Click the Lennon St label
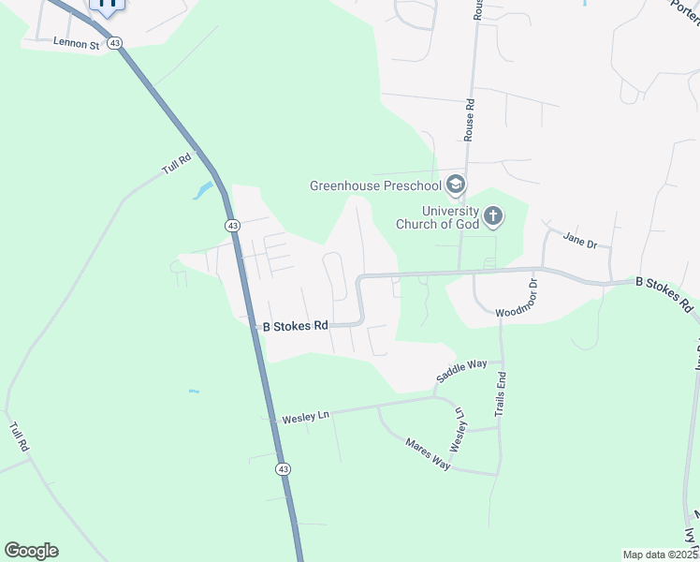click(x=77, y=43)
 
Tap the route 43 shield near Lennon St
click(x=114, y=43)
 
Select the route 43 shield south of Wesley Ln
click(x=283, y=468)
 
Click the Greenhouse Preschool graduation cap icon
click(x=456, y=185)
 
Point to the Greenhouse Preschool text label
click(x=375, y=185)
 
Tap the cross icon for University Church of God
click(x=493, y=217)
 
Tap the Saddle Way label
click(x=461, y=371)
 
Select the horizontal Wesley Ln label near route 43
click(x=299, y=416)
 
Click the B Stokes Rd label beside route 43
click(x=295, y=326)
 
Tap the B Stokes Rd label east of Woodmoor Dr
click(x=664, y=293)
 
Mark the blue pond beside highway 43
click(x=201, y=191)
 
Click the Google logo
click(x=31, y=551)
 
